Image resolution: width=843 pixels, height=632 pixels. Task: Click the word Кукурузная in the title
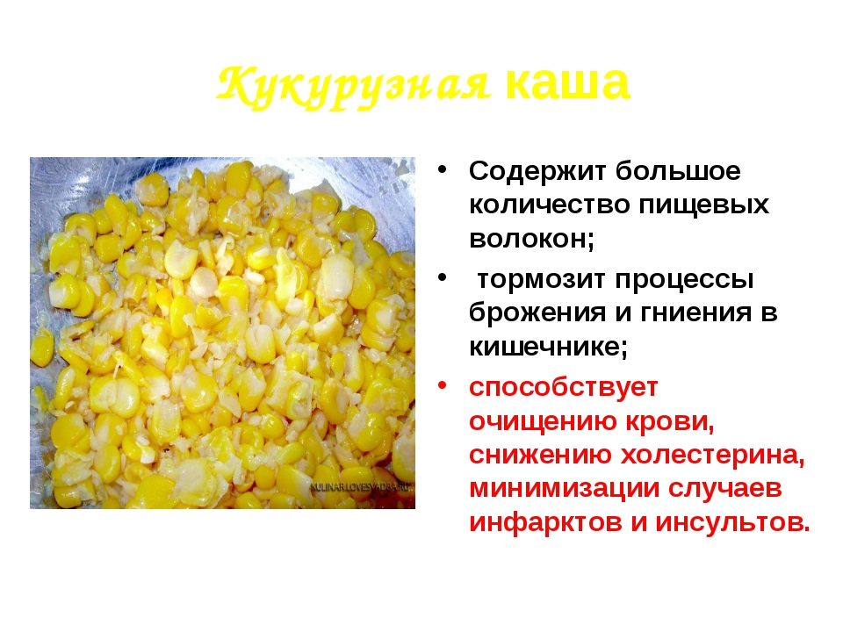(x=354, y=86)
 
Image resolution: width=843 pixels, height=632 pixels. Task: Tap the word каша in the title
(x=567, y=83)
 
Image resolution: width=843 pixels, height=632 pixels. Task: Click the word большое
(x=678, y=171)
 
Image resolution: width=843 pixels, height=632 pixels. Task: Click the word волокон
(x=531, y=239)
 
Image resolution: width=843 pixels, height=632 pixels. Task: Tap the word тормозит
(x=542, y=279)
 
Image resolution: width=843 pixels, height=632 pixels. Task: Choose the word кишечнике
(x=548, y=347)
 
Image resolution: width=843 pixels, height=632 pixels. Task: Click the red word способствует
(x=563, y=387)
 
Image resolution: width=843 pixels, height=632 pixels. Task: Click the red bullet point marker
(x=443, y=386)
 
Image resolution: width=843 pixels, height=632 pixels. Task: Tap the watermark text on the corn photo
(x=361, y=487)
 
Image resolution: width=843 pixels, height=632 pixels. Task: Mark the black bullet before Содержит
(x=443, y=169)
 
